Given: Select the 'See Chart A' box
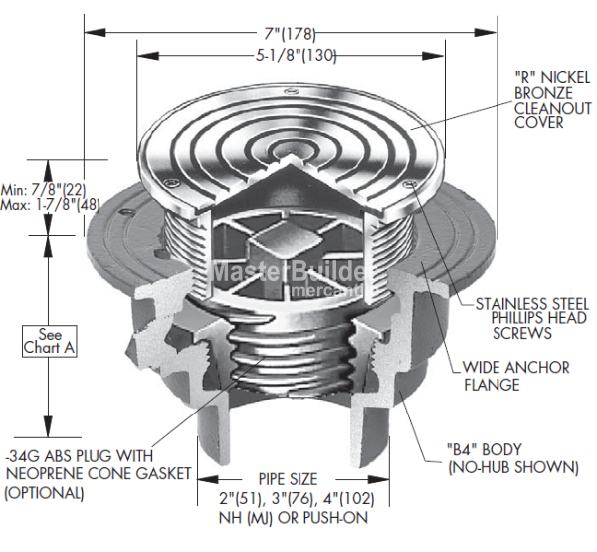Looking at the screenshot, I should tap(50, 341).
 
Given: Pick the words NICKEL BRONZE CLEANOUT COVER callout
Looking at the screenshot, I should tap(554, 100).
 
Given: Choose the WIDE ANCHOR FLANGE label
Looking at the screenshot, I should tap(515, 376).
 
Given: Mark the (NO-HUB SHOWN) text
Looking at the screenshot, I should tap(513, 466).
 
